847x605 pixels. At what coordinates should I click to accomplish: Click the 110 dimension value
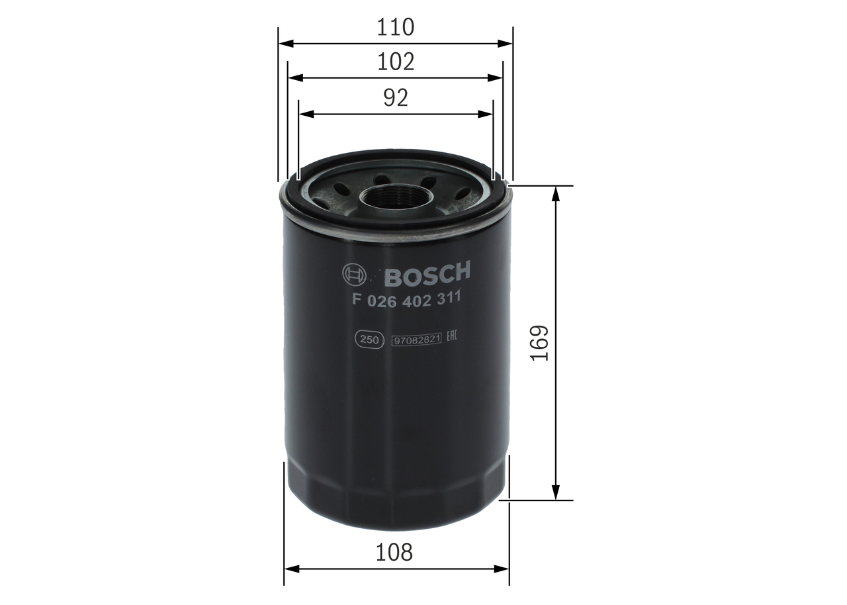[x=395, y=27]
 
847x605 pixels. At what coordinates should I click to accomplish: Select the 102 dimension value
[x=395, y=62]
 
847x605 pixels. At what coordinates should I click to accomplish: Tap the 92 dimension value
[x=395, y=98]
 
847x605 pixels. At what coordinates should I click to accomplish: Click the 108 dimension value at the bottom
[x=395, y=552]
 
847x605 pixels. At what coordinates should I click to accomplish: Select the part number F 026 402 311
[x=406, y=299]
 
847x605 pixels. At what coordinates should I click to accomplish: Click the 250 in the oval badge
[x=369, y=340]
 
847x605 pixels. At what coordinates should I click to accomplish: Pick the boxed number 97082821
[x=416, y=340]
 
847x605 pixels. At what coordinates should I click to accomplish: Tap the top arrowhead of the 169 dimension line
[x=556, y=193]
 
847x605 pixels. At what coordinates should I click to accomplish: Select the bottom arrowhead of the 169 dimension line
[x=556, y=493]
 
